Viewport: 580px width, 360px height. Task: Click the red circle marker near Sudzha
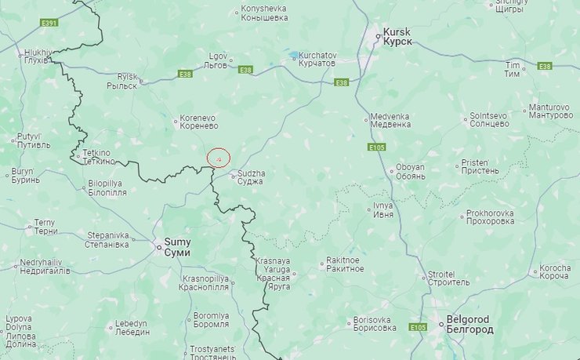(x=218, y=158)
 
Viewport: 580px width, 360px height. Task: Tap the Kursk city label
(x=396, y=36)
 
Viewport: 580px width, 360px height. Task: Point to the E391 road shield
(x=49, y=23)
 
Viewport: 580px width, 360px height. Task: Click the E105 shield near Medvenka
(x=376, y=147)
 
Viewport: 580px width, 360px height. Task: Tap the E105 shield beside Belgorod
(x=419, y=327)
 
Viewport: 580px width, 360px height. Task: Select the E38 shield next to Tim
(x=545, y=67)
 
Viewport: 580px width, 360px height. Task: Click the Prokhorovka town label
(x=490, y=217)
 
